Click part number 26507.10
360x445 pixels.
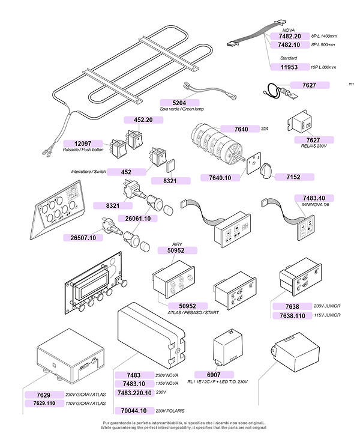coord(83,237)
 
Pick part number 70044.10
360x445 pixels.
coord(133,411)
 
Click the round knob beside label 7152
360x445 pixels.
coord(266,174)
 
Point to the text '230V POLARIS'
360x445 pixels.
coord(168,411)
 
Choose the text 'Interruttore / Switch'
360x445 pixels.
coord(88,171)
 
